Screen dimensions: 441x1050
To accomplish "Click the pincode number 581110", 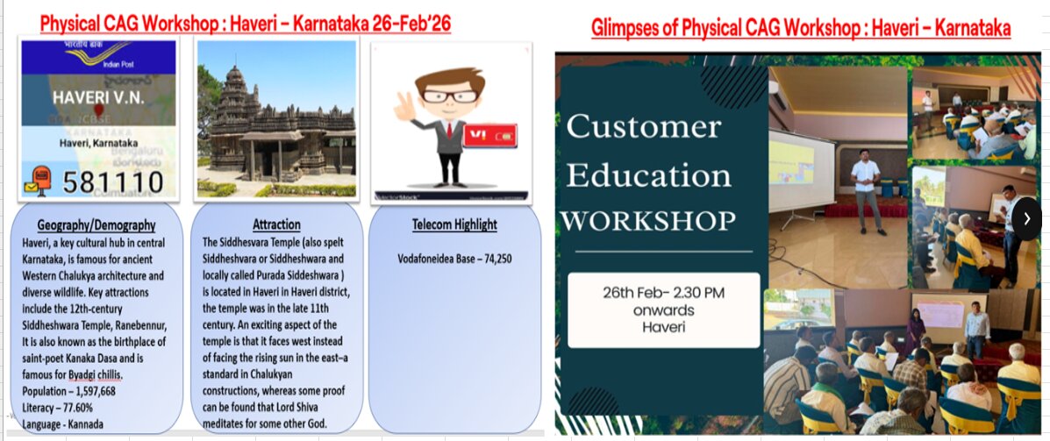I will tap(113, 183).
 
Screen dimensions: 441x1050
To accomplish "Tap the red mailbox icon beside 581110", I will tap(38, 181).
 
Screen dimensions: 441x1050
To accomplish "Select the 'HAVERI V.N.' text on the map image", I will tap(92, 97).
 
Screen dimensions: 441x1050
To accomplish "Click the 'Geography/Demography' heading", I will tap(96, 225).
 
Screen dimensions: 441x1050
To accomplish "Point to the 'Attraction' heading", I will tap(276, 224).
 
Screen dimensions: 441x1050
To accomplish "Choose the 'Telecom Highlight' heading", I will tap(454, 224).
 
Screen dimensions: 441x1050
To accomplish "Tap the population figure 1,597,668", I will tap(85, 391).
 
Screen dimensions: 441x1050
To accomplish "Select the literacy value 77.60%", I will tap(76, 408).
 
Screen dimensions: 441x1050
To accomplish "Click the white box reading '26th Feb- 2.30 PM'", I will tap(663, 309).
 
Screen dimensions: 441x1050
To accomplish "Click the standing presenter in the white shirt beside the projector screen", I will tap(865, 189).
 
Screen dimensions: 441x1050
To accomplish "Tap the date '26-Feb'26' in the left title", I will tap(398, 24).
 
